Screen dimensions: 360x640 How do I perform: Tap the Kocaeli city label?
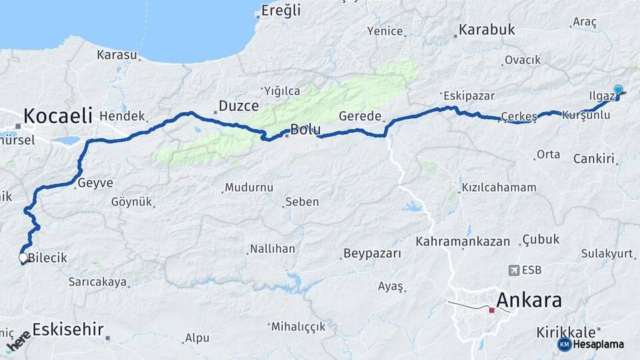pyautogui.click(x=57, y=115)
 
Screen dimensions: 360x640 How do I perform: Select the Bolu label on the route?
pyautogui.click(x=305, y=129)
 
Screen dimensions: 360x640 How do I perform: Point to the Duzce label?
pyautogui.click(x=239, y=106)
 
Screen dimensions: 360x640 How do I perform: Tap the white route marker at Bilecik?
pyautogui.click(x=23, y=257)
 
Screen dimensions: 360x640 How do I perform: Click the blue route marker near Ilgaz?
pyautogui.click(x=618, y=91)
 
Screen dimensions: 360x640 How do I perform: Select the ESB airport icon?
pyautogui.click(x=514, y=270)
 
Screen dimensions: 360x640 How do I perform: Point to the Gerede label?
pyautogui.click(x=360, y=116)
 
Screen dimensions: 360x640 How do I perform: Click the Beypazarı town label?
pyautogui.click(x=372, y=253)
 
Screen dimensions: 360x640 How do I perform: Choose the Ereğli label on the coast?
pyautogui.click(x=281, y=10)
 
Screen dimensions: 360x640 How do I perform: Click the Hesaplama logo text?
pyautogui.click(x=599, y=344)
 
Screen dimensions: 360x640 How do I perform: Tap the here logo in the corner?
pyautogui.click(x=18, y=340)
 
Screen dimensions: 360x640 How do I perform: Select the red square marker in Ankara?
pyautogui.click(x=491, y=310)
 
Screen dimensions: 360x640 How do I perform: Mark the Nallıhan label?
pyautogui.click(x=272, y=249)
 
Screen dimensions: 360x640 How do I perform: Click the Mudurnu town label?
pyautogui.click(x=249, y=187)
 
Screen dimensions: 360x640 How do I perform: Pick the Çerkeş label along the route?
pyautogui.click(x=519, y=116)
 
